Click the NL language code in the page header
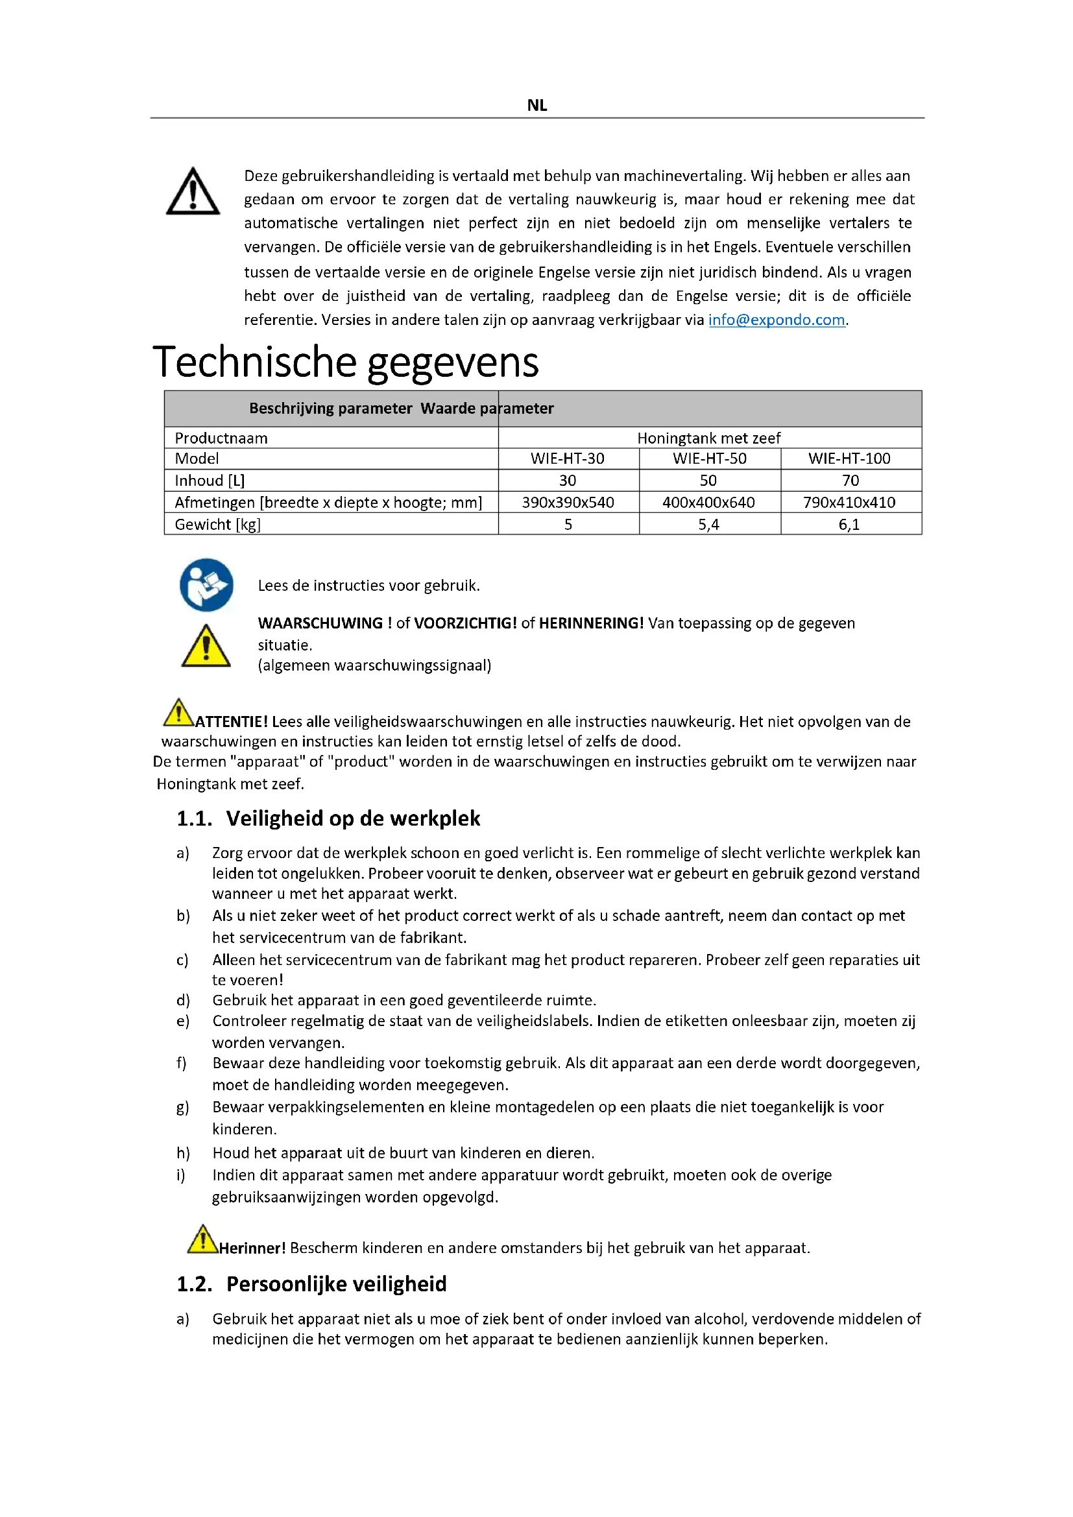click(536, 105)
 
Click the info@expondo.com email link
click(777, 320)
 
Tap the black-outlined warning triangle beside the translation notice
click(192, 192)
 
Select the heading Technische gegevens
click(346, 362)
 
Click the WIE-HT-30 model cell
click(568, 459)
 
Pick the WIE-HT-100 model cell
click(849, 459)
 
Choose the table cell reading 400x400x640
click(708, 503)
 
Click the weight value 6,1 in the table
click(849, 525)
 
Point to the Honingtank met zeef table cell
click(708, 438)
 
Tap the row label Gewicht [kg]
click(217, 525)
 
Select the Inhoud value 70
click(850, 481)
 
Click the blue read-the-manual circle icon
click(206, 586)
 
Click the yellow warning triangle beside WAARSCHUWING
click(206, 646)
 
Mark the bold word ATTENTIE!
click(231, 721)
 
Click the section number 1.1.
click(193, 818)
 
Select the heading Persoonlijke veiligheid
click(336, 1284)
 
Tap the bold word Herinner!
click(252, 1248)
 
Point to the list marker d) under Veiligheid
click(183, 1000)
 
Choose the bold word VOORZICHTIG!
click(465, 623)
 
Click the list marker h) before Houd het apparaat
click(183, 1153)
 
